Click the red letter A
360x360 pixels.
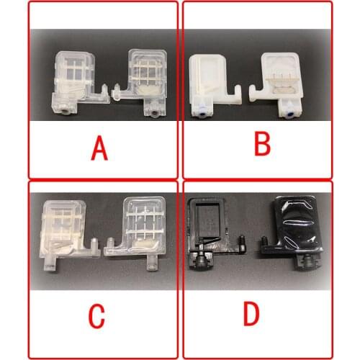tap(99, 148)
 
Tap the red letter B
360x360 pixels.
tap(262, 143)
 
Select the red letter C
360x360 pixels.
tap(96, 315)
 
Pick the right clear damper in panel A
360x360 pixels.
tap(145, 79)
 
